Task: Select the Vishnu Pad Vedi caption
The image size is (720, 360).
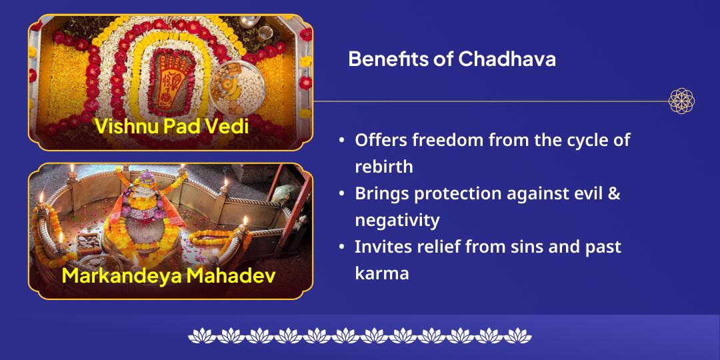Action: click(x=171, y=125)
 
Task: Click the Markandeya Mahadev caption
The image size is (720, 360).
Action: click(x=169, y=275)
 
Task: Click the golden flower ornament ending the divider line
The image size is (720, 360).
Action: click(x=681, y=101)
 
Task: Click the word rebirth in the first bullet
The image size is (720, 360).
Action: click(x=384, y=167)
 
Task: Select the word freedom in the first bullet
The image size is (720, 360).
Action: click(x=448, y=141)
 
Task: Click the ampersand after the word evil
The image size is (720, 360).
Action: click(x=614, y=194)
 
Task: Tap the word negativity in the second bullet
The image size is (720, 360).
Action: click(x=397, y=220)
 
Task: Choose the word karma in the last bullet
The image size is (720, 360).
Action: click(x=381, y=273)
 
